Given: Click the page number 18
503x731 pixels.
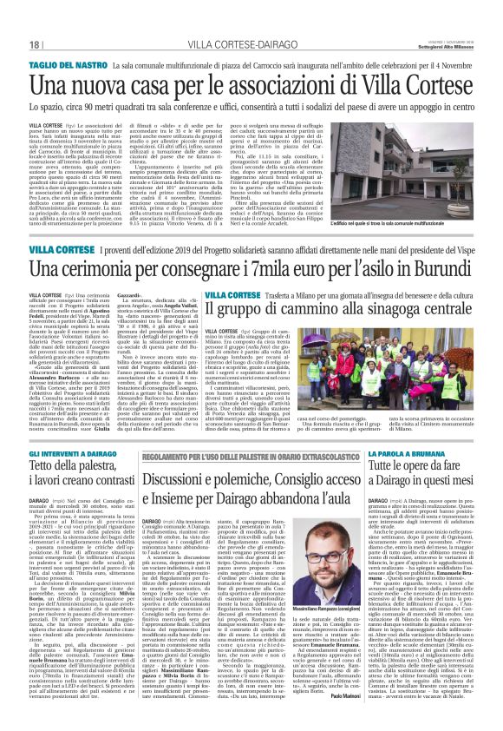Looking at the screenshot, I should coord(16,43).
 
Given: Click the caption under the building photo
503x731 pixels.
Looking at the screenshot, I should coord(438,199).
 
